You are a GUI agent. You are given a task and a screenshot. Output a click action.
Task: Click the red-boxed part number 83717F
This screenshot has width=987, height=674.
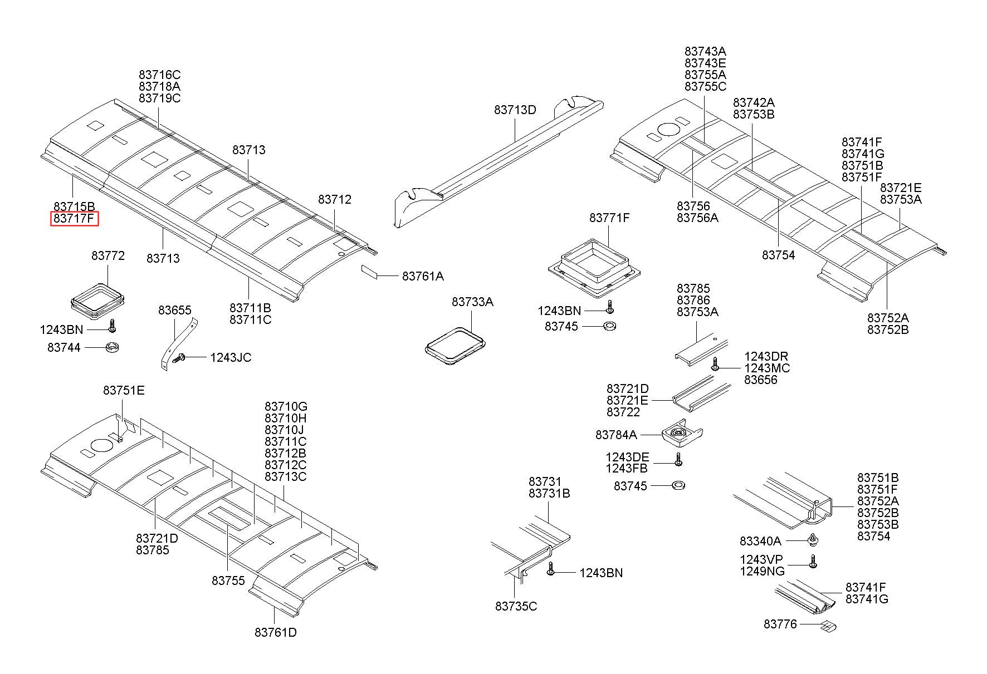75,219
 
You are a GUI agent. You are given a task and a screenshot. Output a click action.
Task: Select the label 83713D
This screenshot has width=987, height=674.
515,110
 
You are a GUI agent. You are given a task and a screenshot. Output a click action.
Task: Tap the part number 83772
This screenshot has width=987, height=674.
108,256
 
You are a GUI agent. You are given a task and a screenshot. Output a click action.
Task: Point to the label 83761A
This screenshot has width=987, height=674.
423,276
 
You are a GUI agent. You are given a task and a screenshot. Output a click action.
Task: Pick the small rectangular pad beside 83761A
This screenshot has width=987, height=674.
370,271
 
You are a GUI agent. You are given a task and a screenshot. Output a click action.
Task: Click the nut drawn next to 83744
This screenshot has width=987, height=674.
113,348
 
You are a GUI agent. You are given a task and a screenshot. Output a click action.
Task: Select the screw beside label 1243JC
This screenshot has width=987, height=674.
179,359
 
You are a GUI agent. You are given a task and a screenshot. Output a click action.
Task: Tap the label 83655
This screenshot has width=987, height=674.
175,311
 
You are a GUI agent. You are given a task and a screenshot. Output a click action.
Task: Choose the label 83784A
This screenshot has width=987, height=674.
616,435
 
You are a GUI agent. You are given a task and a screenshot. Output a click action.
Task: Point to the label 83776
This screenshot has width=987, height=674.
780,624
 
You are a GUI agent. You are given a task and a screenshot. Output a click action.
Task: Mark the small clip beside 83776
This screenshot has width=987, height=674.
828,627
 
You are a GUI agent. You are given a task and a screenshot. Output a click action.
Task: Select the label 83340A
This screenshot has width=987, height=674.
760,541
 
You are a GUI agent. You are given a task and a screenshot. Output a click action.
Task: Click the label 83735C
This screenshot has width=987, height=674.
516,606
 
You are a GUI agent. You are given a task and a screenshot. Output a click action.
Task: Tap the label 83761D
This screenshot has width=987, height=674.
276,633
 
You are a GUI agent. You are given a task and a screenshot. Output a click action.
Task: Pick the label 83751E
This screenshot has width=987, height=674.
124,391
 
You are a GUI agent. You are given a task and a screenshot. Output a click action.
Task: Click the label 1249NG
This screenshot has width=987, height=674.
762,572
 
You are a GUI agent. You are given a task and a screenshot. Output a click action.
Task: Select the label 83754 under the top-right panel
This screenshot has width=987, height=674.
778,255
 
